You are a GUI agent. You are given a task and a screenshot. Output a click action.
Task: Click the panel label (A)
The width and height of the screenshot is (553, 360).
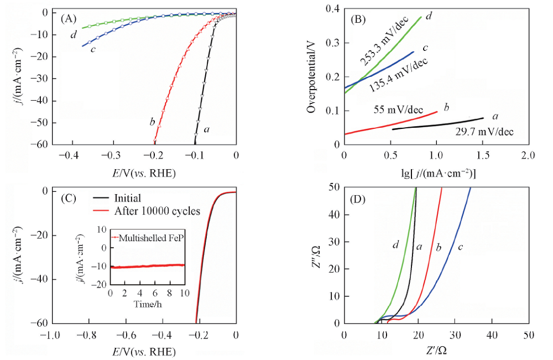pyautogui.click(x=68, y=19)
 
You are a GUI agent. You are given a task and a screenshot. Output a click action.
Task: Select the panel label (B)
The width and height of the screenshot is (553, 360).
pyautogui.click(x=358, y=19)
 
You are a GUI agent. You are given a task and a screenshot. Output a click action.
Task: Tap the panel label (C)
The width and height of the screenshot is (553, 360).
pyautogui.click(x=69, y=197)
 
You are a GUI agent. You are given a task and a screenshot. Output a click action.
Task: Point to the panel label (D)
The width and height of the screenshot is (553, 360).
pyautogui.click(x=358, y=198)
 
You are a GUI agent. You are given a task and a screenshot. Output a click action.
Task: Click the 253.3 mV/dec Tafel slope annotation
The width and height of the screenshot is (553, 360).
pyautogui.click(x=382, y=54)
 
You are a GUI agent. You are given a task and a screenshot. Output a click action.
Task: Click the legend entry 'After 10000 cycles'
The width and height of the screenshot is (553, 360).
pyautogui.click(x=158, y=211)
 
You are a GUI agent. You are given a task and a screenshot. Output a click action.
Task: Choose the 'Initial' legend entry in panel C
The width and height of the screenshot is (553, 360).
pyautogui.click(x=127, y=198)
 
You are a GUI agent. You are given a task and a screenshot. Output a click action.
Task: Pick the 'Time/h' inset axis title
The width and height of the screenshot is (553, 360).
pyautogui.click(x=147, y=304)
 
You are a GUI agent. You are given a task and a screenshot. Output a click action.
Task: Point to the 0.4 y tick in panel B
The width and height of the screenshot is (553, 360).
pyautogui.click(x=331, y=9)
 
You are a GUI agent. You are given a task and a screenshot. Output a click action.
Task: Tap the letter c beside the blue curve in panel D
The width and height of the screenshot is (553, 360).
pyautogui.click(x=460, y=246)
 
